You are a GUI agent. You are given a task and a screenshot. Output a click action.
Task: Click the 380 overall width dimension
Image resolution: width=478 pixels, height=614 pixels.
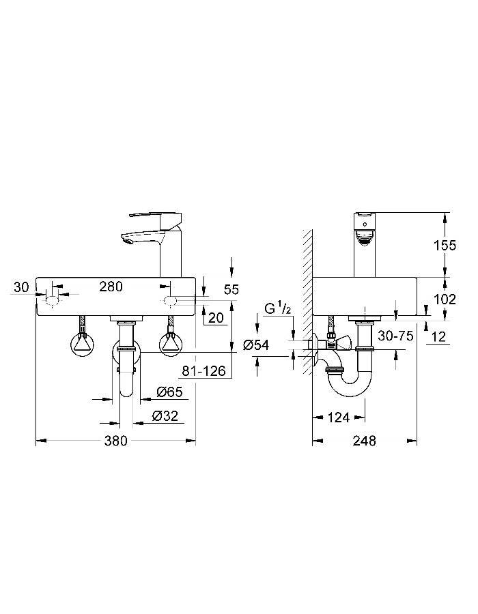tap(116, 441)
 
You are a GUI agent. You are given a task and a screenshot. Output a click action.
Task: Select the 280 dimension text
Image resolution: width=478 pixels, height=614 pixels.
tap(111, 287)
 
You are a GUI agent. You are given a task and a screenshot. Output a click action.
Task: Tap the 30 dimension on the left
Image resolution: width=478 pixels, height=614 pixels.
tap(22, 287)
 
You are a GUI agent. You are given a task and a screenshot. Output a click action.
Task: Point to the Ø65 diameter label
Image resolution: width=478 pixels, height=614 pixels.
tap(169, 392)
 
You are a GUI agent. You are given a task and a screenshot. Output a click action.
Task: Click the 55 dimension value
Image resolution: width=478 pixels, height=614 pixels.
tap(231, 290)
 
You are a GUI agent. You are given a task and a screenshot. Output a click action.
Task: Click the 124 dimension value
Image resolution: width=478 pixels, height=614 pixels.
tap(339, 416)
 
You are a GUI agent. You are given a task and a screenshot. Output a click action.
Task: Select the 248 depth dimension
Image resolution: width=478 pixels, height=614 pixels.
tap(365, 441)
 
